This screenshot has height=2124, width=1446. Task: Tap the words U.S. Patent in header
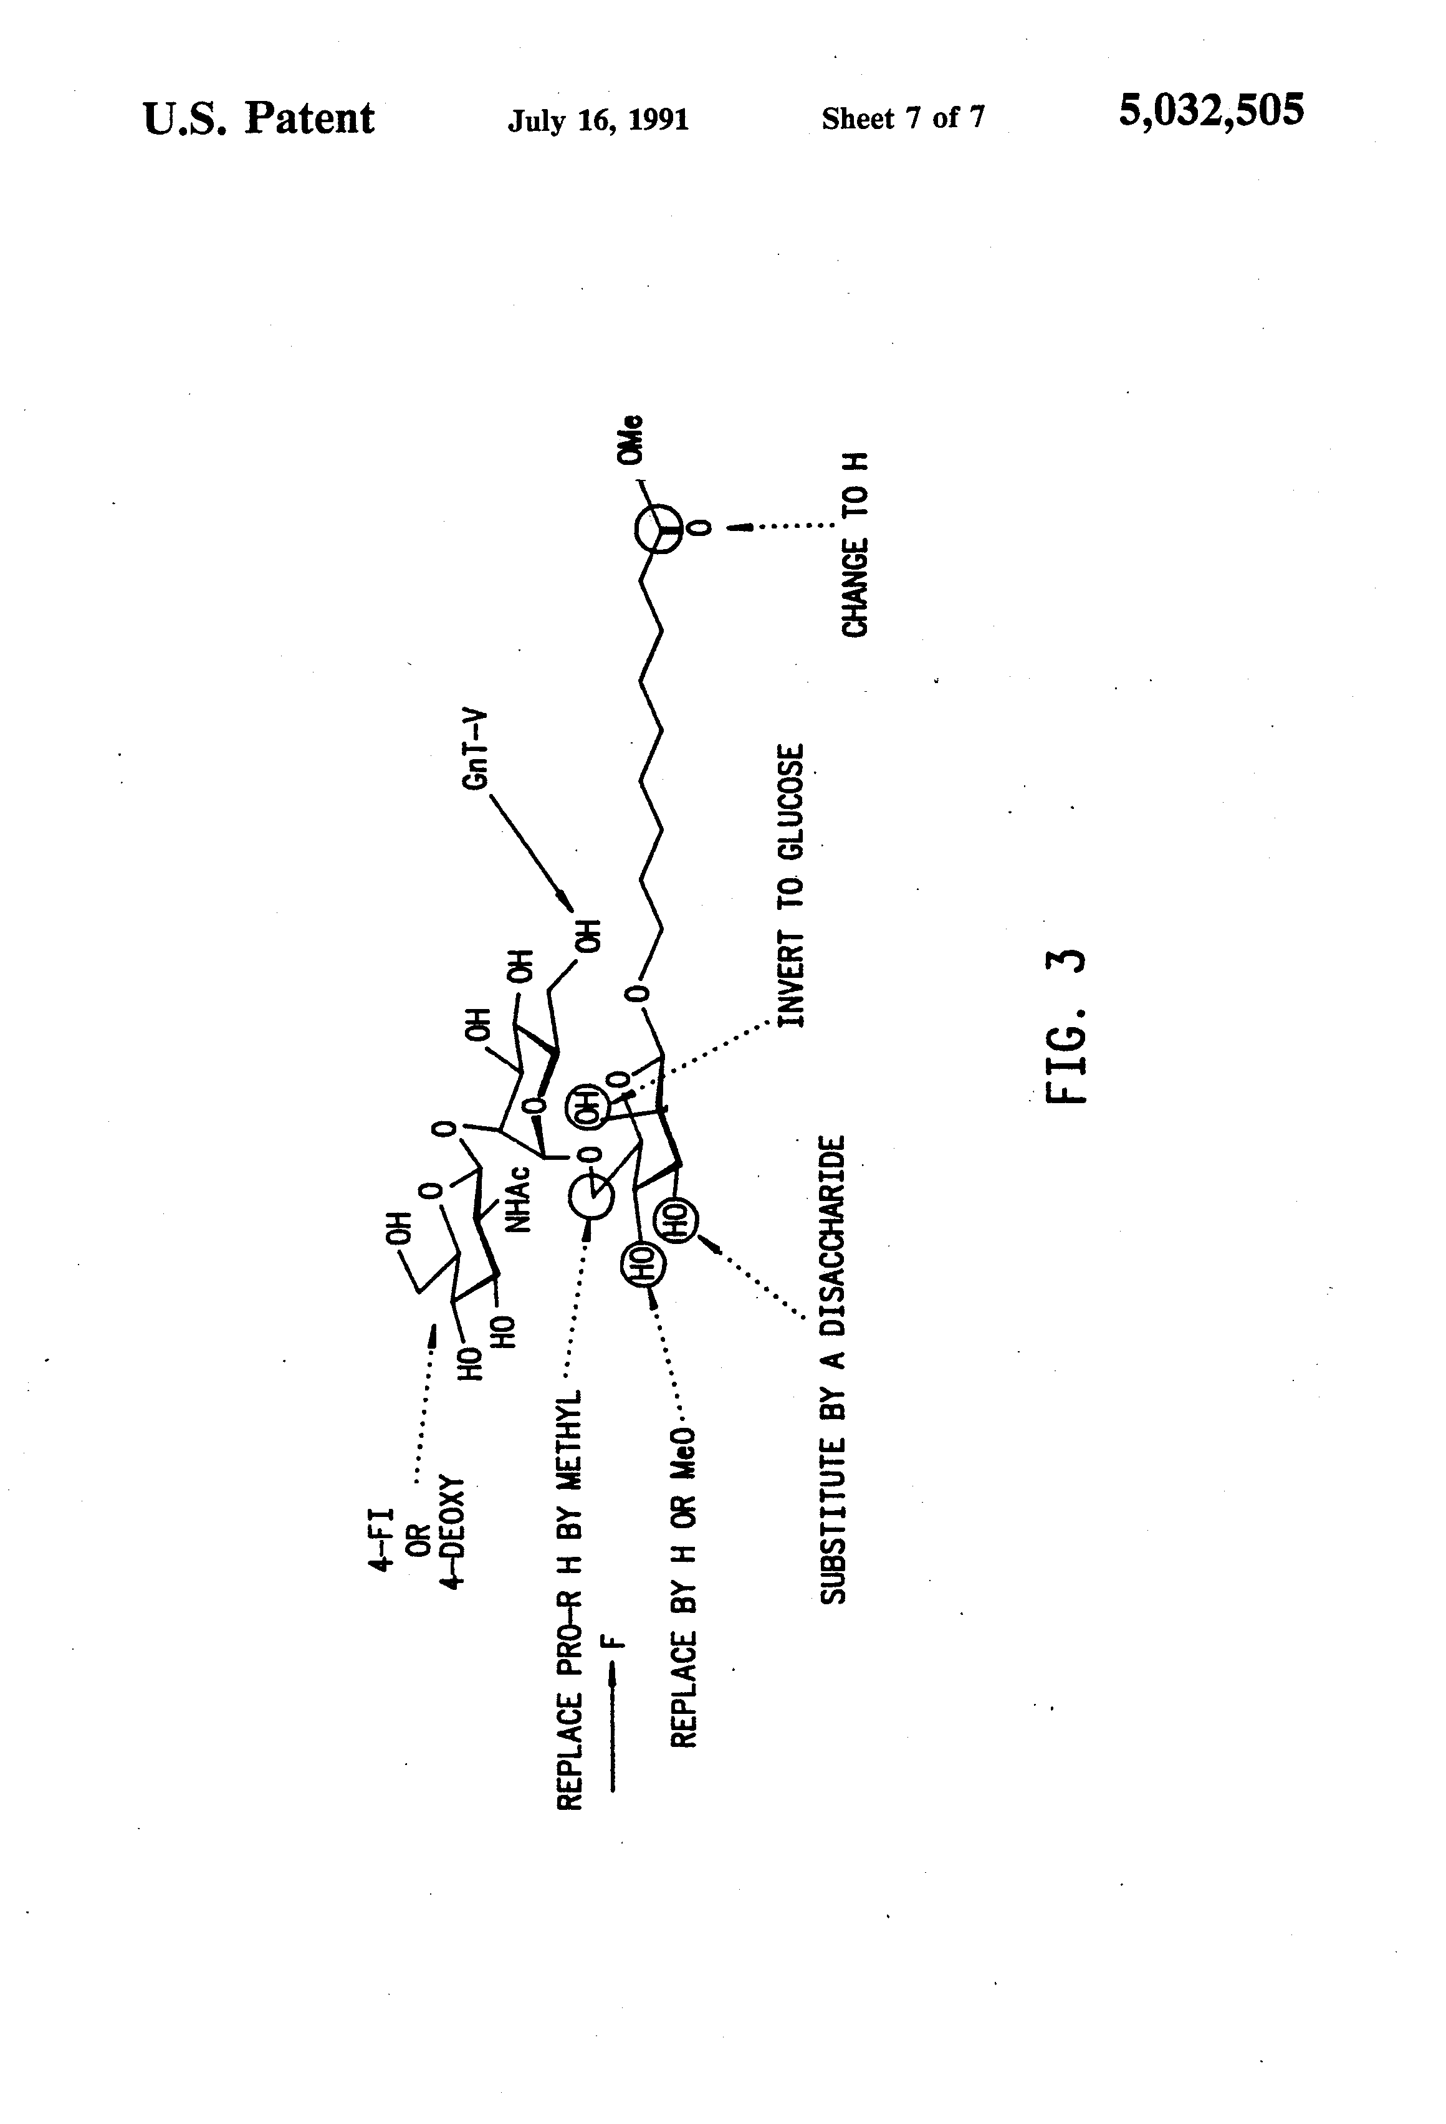click(259, 119)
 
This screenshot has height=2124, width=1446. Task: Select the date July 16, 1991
click(598, 120)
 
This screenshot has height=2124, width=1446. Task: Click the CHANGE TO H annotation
click(855, 544)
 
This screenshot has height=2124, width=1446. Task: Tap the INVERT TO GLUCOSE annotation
click(791, 885)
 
